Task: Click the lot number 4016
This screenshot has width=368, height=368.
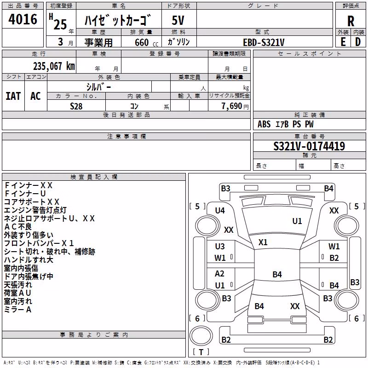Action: [x=23, y=19]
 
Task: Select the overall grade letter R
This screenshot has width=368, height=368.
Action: [x=351, y=21]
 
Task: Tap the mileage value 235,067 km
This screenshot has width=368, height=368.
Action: [x=54, y=66]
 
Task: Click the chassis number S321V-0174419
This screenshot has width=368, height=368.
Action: [x=309, y=146]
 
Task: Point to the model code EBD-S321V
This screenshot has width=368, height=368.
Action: [x=264, y=42]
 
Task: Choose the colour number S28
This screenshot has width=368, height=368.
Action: [x=76, y=106]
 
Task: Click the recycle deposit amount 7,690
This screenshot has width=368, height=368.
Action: [x=232, y=106]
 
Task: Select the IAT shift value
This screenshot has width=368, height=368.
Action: [x=13, y=96]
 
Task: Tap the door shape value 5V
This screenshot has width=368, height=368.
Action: [x=178, y=20]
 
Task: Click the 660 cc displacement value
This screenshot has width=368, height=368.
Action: [x=146, y=42]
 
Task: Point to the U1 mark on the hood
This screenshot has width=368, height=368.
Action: [x=297, y=221]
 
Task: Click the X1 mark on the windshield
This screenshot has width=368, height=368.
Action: [x=263, y=242]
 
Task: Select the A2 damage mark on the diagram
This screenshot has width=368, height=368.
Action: [x=219, y=274]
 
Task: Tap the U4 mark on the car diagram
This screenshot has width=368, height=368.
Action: [x=220, y=211]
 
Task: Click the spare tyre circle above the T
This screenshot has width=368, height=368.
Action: [x=201, y=336]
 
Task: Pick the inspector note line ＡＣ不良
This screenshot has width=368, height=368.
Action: [x=18, y=227]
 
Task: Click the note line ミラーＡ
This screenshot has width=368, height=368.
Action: [x=18, y=310]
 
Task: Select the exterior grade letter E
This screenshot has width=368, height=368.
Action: [x=343, y=42]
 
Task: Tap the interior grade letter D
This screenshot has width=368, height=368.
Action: [x=358, y=42]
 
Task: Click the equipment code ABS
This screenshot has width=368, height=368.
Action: [x=264, y=124]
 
